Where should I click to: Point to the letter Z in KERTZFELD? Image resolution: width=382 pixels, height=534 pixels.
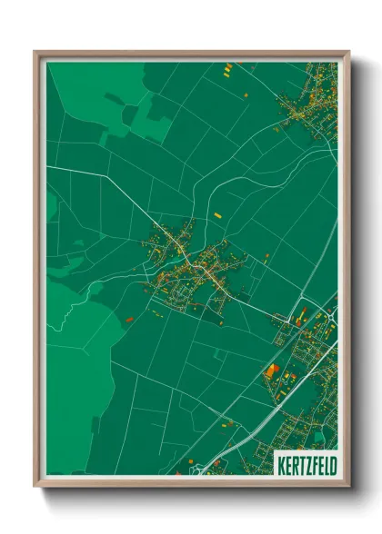(302, 463)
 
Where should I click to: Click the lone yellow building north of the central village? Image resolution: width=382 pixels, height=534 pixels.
(217, 215)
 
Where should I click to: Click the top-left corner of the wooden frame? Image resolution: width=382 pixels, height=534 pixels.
(35, 53)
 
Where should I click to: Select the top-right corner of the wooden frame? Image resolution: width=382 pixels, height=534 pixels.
(348, 53)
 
